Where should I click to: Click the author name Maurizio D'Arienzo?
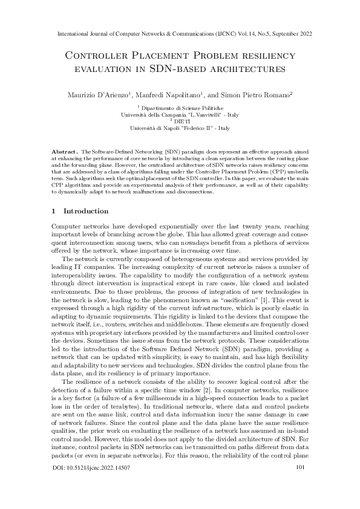pyautogui.click(x=96, y=95)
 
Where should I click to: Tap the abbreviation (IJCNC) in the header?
pyautogui.click(x=224, y=34)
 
